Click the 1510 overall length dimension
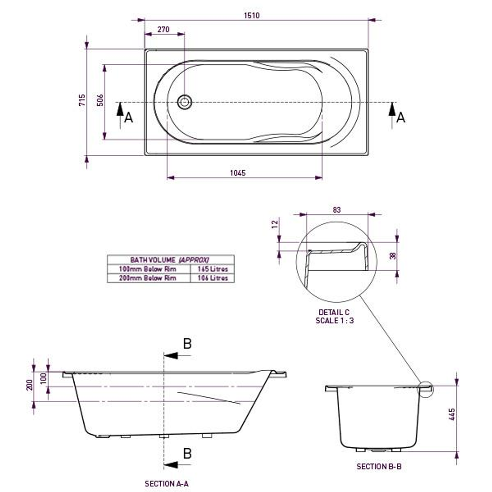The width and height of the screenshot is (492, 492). point(251,15)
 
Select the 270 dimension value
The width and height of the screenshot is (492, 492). point(163,30)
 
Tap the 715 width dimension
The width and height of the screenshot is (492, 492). point(82,101)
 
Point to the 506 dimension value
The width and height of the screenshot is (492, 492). point(100,101)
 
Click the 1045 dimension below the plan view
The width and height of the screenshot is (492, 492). point(237,173)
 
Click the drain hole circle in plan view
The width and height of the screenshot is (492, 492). point(184,102)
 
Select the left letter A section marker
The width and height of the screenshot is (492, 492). point(128,118)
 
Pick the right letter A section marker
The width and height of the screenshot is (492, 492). point(400,118)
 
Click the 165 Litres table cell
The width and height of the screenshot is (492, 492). point(212,269)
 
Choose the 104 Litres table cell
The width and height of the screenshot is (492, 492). point(212,278)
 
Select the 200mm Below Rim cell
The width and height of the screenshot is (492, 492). point(148,278)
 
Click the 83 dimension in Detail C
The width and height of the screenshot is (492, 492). point(337,210)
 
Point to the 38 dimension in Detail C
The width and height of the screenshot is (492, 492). point(393,256)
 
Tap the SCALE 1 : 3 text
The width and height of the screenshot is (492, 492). point(335,320)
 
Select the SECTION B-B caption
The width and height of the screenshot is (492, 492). point(379,466)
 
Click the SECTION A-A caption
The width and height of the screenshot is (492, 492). point(167,484)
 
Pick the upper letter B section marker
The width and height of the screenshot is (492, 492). point(187,344)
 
